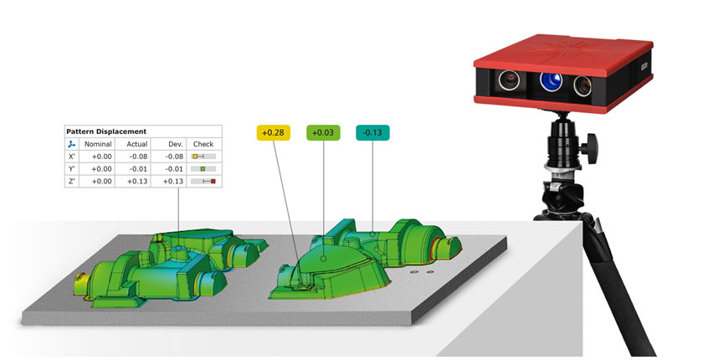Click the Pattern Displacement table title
(x=106, y=131)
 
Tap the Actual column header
(x=137, y=144)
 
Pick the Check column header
(x=204, y=144)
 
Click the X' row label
(x=71, y=157)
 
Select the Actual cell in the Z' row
(x=137, y=181)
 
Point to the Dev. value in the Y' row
(x=173, y=168)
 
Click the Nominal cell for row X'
(x=101, y=157)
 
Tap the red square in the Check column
(x=213, y=181)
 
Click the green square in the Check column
(x=203, y=169)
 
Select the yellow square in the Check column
(x=195, y=157)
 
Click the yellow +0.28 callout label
(x=274, y=132)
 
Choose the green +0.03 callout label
(x=323, y=132)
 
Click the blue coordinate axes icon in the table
(x=71, y=144)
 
